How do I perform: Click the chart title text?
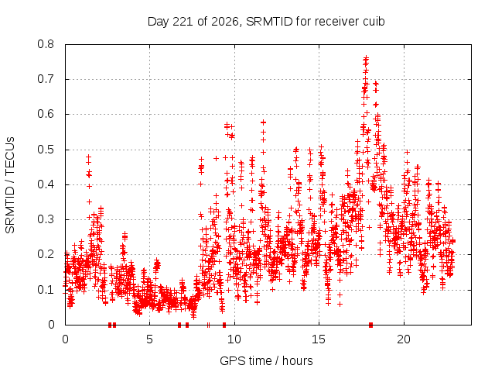266,22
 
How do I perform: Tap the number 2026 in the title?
225,22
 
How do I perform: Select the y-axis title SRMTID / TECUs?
10,185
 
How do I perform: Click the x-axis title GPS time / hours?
266,360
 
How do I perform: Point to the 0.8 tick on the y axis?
46,44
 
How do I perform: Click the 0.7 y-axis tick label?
46,79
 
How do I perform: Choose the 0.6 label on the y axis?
46,114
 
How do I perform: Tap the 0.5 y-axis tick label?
46,150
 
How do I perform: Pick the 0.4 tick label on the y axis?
46,184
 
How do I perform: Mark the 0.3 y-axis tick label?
46,219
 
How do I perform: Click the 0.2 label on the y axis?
46,254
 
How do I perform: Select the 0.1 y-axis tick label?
46,289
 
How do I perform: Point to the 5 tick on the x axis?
149,339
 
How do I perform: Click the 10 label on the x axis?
234,339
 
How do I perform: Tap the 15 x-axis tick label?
319,339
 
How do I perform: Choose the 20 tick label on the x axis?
404,339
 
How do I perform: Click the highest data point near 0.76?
366,58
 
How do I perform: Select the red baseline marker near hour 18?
371,325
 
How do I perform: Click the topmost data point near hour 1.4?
88,157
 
